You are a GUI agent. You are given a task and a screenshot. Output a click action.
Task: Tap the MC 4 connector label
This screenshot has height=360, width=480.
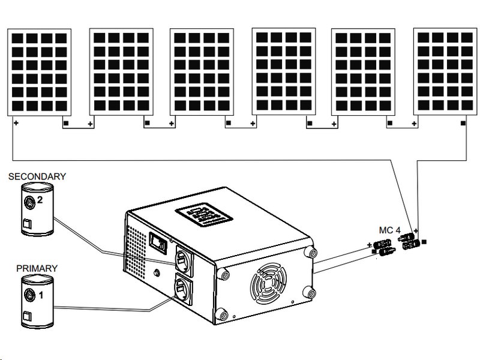point(389,230)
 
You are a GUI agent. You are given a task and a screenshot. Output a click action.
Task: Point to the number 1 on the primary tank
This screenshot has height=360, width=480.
point(41,295)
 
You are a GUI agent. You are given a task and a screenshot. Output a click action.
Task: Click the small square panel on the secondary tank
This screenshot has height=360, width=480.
point(26,224)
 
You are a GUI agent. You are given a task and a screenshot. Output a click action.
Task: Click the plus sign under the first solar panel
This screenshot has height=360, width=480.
point(16,123)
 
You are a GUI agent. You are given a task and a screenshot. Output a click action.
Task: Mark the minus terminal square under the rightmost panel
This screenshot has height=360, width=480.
point(463,123)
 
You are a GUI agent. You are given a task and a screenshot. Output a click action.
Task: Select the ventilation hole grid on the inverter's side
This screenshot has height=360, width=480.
point(137,247)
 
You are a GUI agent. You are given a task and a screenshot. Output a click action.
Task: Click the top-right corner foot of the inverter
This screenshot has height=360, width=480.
point(310,252)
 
